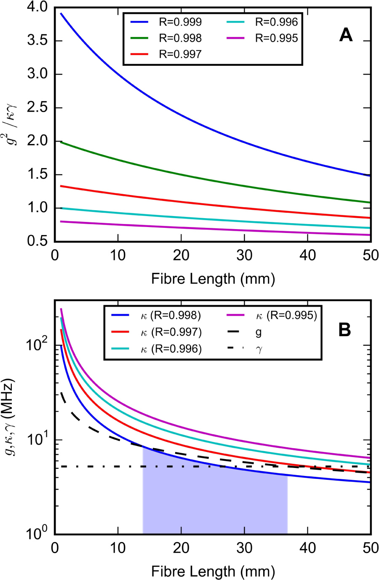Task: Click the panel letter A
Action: click(346, 35)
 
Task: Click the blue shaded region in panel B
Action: click(215, 501)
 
